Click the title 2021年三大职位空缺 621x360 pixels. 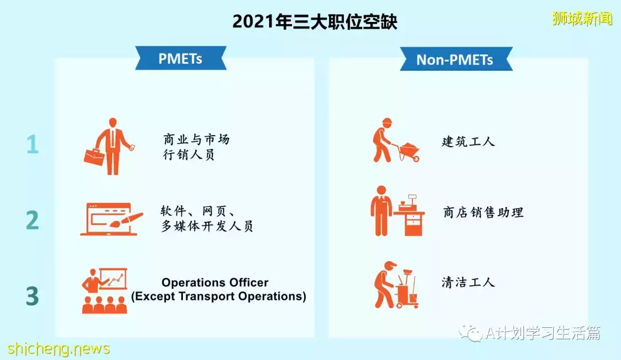coord(315,22)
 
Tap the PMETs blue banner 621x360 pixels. coord(181,59)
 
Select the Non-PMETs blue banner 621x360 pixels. coord(455,60)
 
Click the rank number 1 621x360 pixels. coord(33,144)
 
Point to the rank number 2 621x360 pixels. coord(33,220)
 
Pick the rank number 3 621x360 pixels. coord(33,296)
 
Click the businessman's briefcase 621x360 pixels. coord(94,156)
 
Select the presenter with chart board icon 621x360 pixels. coord(104,290)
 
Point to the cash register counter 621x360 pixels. coord(411,216)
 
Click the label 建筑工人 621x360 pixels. coord(468,141)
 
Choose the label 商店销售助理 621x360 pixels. coord(483,213)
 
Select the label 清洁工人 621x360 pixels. coord(468,282)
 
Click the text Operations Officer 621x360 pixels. coord(215,282)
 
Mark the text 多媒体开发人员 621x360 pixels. coord(207,226)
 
